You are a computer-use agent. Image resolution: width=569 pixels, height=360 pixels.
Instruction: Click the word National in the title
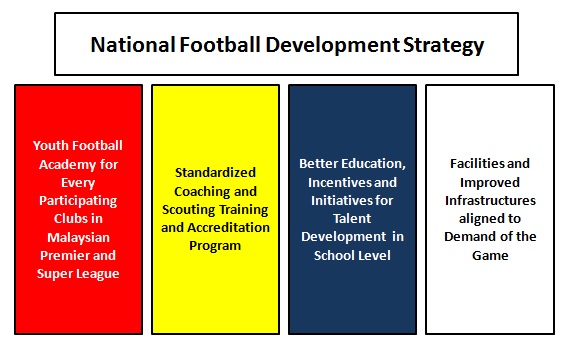pos(133,45)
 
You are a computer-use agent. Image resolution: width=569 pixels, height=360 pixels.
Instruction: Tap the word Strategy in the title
pos(443,46)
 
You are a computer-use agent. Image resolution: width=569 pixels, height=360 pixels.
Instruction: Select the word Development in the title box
pos(332,46)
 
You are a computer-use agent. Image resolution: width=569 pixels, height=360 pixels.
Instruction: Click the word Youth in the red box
pos(49,146)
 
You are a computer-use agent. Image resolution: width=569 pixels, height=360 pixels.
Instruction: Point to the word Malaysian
pos(78,238)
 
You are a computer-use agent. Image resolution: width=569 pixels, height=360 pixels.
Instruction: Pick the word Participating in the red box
pos(78,201)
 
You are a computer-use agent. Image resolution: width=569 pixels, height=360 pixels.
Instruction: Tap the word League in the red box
pos(98,274)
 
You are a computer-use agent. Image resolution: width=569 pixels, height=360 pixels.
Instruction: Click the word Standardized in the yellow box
pos(215,172)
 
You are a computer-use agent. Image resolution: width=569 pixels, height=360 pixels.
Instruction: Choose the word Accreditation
pos(229,228)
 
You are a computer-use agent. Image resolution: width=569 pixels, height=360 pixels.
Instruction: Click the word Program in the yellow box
pos(215,246)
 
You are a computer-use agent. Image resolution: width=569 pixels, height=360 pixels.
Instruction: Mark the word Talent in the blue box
pos(352,219)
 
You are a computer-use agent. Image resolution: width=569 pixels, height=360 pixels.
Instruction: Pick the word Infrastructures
pos(490,201)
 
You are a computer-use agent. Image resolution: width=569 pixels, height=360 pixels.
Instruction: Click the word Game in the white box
pos(490,255)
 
